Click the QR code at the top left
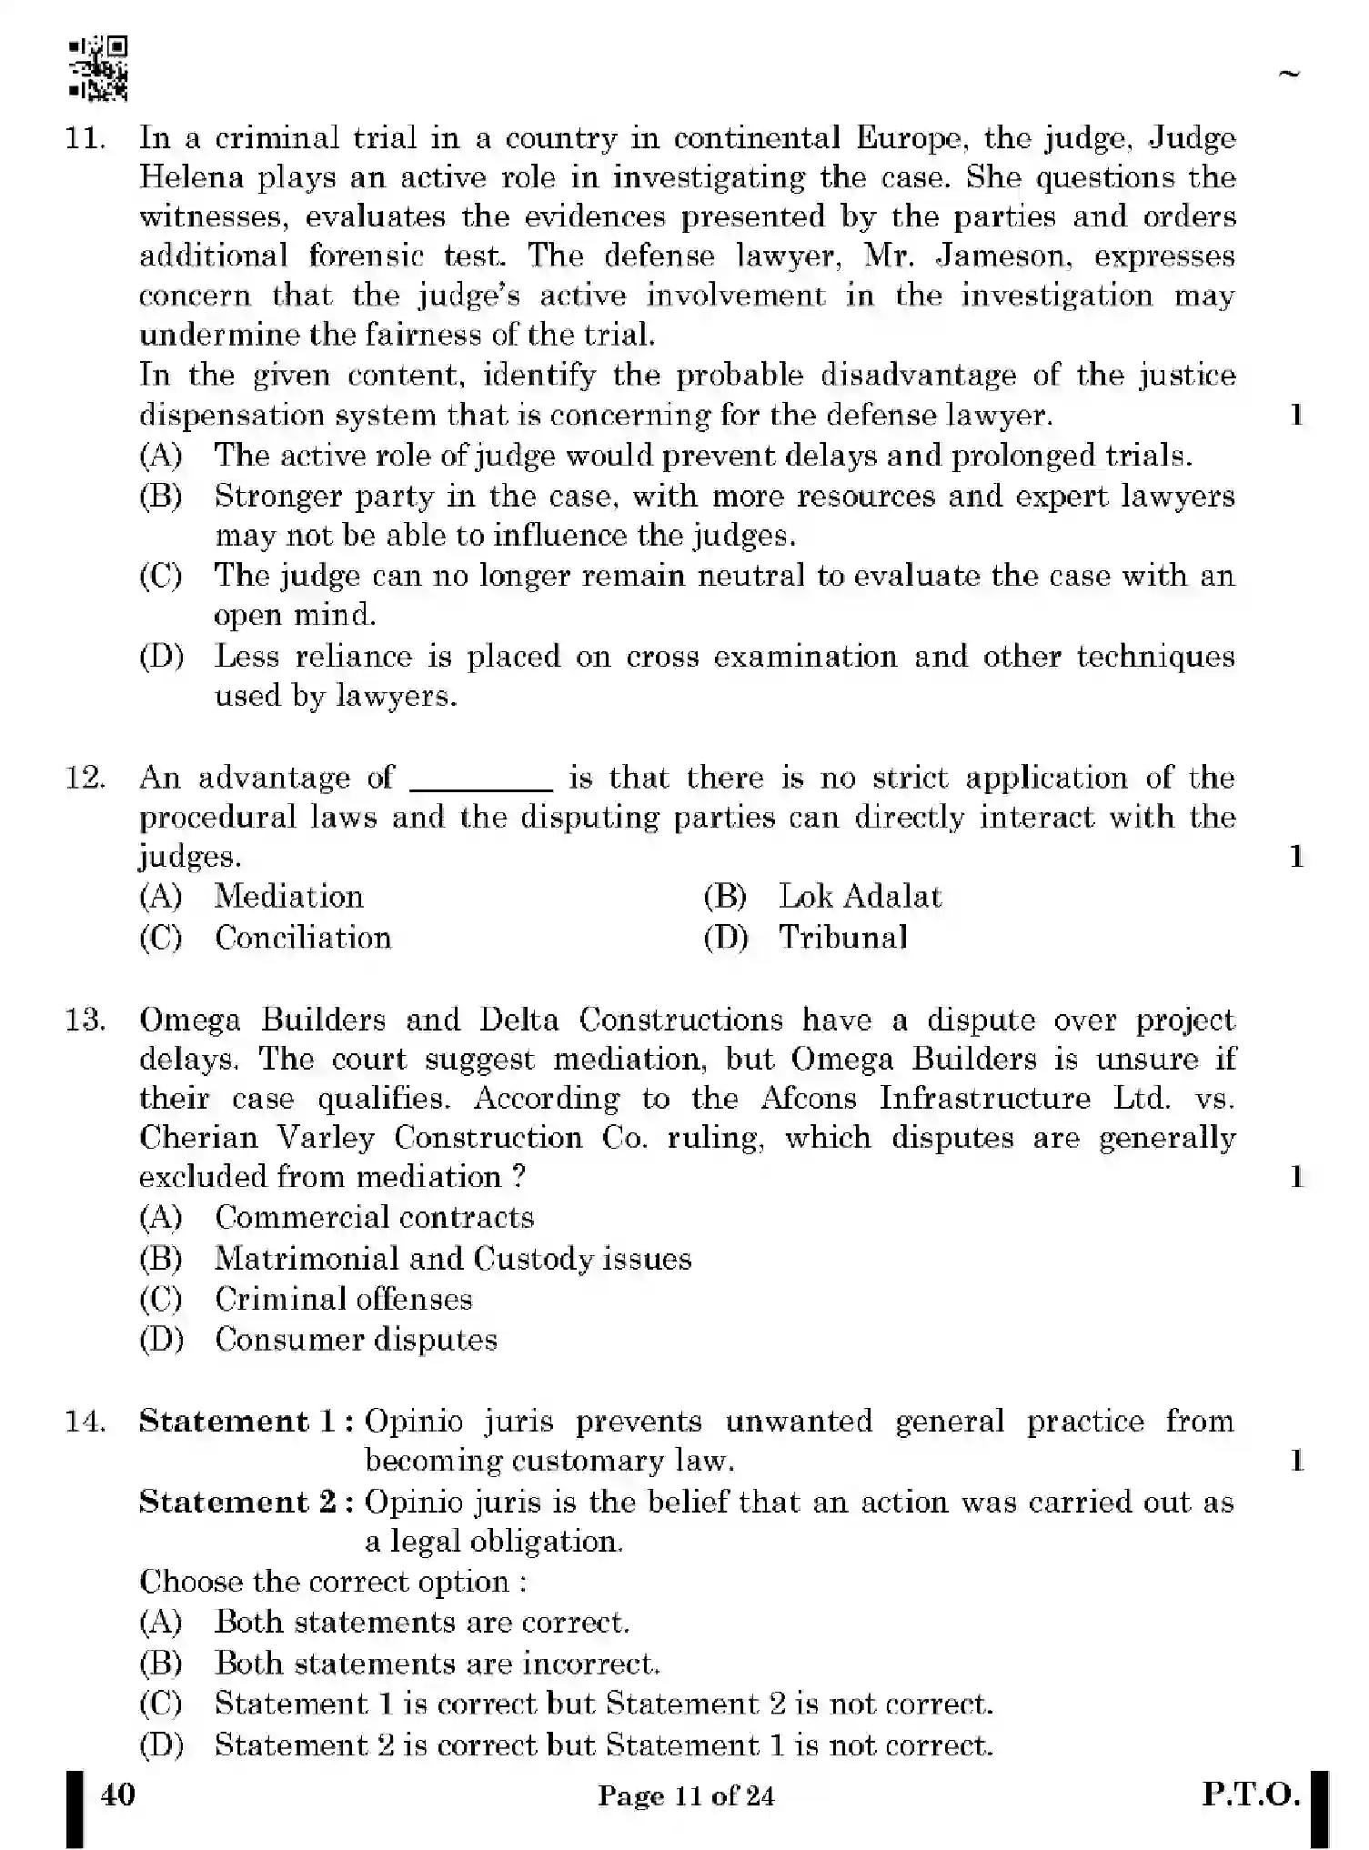tap(98, 67)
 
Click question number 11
tap(85, 138)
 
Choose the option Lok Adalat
tap(860, 897)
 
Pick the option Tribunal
tap(843, 938)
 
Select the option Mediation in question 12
tap(289, 897)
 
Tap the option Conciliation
tap(303, 938)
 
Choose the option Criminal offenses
tap(344, 1299)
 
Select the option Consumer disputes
tap(356, 1340)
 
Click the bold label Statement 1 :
tap(247, 1422)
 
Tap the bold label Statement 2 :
tap(247, 1502)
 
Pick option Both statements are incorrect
tap(437, 1664)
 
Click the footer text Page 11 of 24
tap(686, 1796)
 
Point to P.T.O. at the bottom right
tap(1251, 1795)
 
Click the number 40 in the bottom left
tap(118, 1795)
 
